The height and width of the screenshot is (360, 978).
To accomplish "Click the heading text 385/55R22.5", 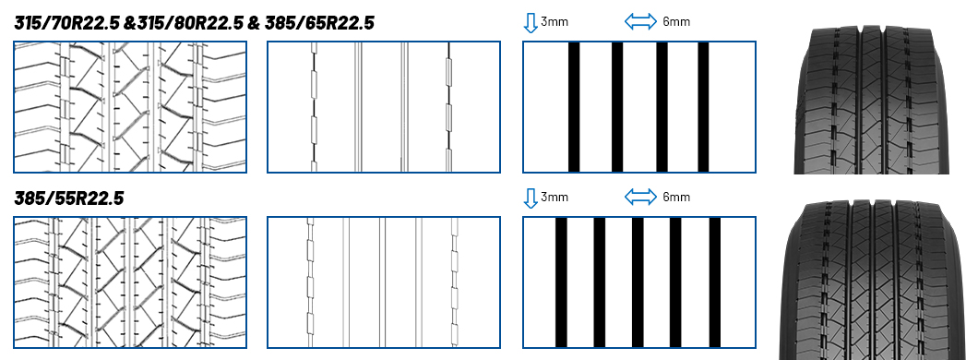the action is coord(68,198).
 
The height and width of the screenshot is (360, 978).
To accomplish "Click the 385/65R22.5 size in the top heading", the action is coord(319,23).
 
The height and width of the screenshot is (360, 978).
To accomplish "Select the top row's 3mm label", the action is coord(555,22).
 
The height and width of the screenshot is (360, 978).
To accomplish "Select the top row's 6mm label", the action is coord(676,22).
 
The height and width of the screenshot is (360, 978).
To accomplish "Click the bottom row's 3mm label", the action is coord(555,198).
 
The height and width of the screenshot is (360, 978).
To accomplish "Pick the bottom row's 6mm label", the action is coord(676,198).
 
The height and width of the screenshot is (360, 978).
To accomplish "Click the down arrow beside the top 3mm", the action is coord(531,22).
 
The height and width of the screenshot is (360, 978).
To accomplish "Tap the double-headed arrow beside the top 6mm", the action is coord(640,22).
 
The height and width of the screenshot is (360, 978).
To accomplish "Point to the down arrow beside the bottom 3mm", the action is coord(531,198).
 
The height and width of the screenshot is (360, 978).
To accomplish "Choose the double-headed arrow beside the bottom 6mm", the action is coord(640,198).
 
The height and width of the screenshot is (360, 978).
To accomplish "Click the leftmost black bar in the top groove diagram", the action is coord(574,107).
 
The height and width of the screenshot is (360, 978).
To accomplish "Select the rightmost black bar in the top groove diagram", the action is coord(703,107).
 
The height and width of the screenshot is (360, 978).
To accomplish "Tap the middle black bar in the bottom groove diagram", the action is coord(638,282).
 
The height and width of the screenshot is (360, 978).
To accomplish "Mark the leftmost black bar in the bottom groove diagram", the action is coord(561,282).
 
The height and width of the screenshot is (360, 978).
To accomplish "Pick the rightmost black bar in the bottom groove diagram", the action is coord(715,282).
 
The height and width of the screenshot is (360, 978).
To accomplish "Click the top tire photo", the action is coord(871,100).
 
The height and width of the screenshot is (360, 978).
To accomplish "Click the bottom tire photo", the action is coord(877,280).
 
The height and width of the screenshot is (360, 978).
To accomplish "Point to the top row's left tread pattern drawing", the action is coord(130,107).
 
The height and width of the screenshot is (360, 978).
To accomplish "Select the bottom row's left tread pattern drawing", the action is coord(130,282).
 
